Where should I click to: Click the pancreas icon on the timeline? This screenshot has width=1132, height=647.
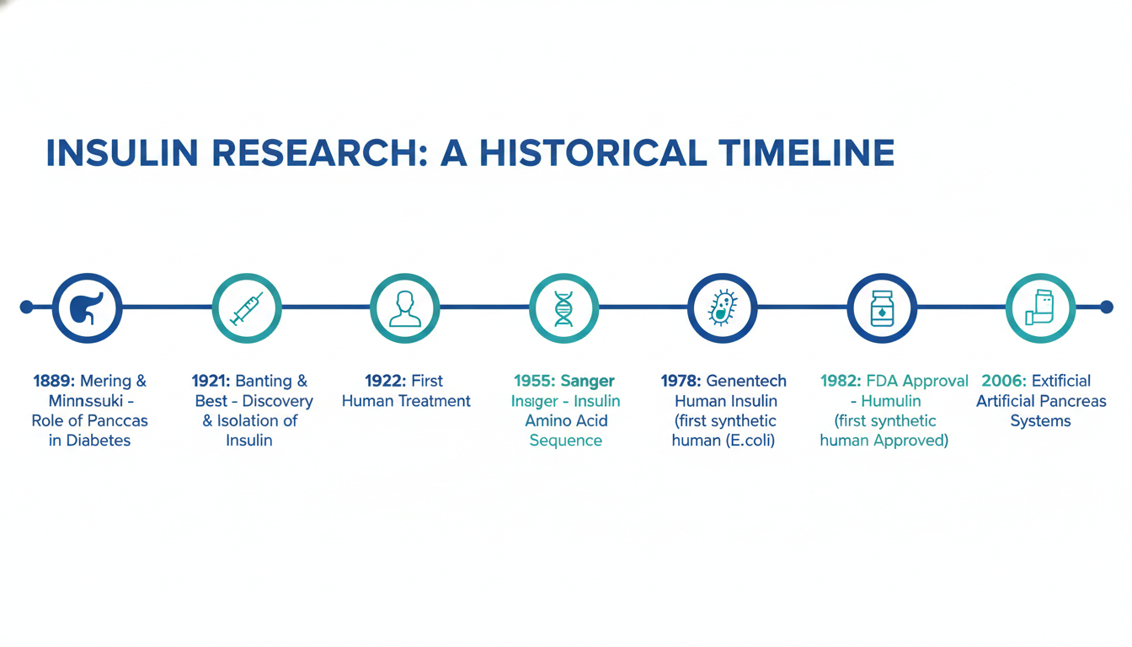point(86,307)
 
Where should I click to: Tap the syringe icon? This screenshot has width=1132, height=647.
point(247,307)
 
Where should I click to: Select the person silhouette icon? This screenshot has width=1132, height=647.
point(405,308)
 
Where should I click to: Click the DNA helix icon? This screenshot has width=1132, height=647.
point(563,308)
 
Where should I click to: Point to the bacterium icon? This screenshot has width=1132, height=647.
point(723,307)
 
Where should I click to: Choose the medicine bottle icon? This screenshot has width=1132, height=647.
point(882,308)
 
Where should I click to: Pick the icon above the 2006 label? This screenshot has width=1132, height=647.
point(1040,307)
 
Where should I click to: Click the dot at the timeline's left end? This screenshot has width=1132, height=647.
point(26,307)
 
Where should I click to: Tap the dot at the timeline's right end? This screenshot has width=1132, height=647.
point(1106,307)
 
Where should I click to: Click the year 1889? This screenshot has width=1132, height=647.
point(54,381)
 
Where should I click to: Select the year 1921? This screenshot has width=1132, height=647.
point(211,381)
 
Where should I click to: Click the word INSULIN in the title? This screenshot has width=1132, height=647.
point(122,152)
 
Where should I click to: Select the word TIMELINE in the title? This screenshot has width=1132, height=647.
point(807,152)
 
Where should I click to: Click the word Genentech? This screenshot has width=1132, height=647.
point(746,381)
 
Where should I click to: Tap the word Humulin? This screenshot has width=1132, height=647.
point(891,401)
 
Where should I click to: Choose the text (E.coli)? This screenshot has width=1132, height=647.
point(750,441)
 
